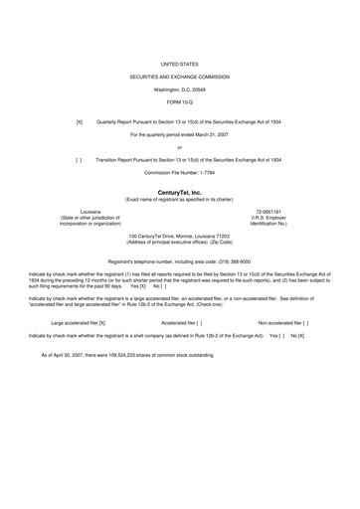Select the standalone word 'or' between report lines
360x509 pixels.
point(180,147)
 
